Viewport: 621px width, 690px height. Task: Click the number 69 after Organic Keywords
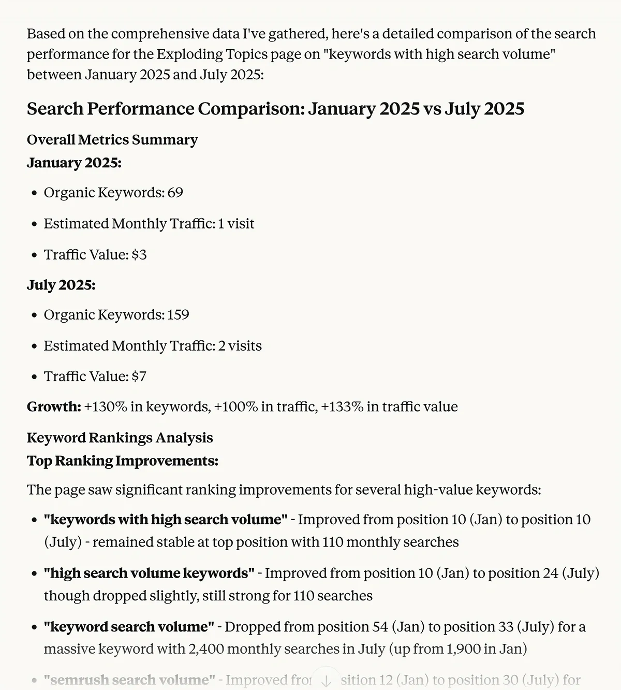coord(175,193)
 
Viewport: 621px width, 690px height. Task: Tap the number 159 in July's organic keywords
coord(178,315)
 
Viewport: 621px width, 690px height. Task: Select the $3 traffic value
coord(139,255)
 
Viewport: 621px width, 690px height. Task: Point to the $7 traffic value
coord(139,377)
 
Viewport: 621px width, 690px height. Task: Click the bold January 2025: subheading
coord(74,163)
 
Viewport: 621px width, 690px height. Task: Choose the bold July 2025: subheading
coord(61,285)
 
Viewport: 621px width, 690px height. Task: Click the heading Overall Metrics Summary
coord(112,140)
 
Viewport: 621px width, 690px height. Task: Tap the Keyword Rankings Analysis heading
coord(120,438)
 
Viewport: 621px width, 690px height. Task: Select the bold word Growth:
coord(54,407)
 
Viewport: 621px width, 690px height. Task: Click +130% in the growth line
coord(106,407)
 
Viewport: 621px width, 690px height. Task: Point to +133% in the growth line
coord(342,407)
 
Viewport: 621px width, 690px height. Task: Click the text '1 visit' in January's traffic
coord(236,224)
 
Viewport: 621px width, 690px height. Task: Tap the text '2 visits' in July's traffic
coord(240,346)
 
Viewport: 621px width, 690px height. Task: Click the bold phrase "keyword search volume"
coord(129,627)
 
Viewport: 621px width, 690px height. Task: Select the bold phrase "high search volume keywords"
coord(149,573)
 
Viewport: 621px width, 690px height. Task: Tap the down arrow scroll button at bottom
coord(326,681)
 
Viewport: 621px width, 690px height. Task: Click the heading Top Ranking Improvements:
coord(123,461)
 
